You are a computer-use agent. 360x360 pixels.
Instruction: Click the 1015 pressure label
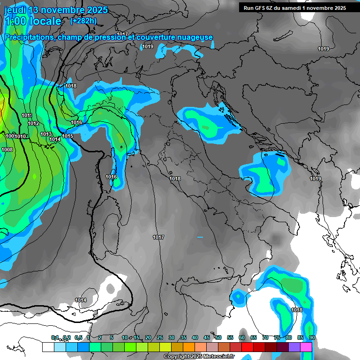[x=68, y=136]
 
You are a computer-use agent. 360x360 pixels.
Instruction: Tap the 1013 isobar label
[x=46, y=134]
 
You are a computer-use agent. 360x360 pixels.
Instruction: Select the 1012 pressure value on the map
[x=33, y=123]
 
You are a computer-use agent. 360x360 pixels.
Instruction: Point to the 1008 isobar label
[x=7, y=150]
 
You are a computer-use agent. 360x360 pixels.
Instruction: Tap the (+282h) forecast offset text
[x=83, y=21]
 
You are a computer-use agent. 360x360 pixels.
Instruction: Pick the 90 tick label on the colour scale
[x=312, y=337]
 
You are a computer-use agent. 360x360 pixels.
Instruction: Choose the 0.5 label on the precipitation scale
[x=78, y=337]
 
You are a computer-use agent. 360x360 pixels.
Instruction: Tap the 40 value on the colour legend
[x=195, y=337]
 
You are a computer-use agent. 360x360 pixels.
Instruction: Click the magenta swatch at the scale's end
[x=306, y=347]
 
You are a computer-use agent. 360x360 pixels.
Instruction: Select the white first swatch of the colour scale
[x=48, y=347]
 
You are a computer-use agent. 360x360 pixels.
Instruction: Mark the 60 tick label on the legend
[x=242, y=337]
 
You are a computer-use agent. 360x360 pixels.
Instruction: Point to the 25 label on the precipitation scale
[x=160, y=337]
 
